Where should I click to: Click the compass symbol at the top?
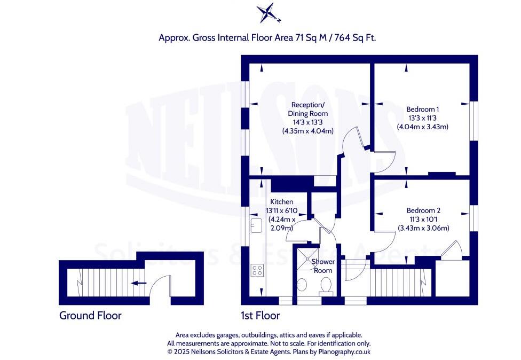pos(267,13)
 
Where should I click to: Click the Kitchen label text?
pos(281,202)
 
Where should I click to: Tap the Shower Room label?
pos(322,266)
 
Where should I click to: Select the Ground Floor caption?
pos(90,316)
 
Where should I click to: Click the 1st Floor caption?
pos(260,316)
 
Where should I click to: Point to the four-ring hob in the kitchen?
pos(257,270)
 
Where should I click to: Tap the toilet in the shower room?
pos(326,287)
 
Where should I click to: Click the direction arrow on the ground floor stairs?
pos(139,284)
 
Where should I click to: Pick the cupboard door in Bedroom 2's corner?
pos(452,250)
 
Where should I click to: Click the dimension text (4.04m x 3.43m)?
pos(422,127)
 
